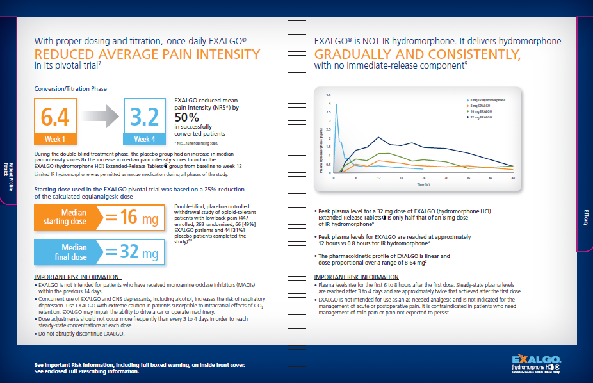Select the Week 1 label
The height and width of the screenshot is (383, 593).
click(x=55, y=139)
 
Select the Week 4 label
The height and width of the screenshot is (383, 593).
click(x=144, y=139)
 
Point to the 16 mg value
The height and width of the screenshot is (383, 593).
click(x=139, y=218)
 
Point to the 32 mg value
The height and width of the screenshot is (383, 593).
click(x=139, y=252)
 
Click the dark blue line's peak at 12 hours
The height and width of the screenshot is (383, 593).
click(x=379, y=137)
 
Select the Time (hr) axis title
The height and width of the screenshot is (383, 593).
click(x=423, y=184)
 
